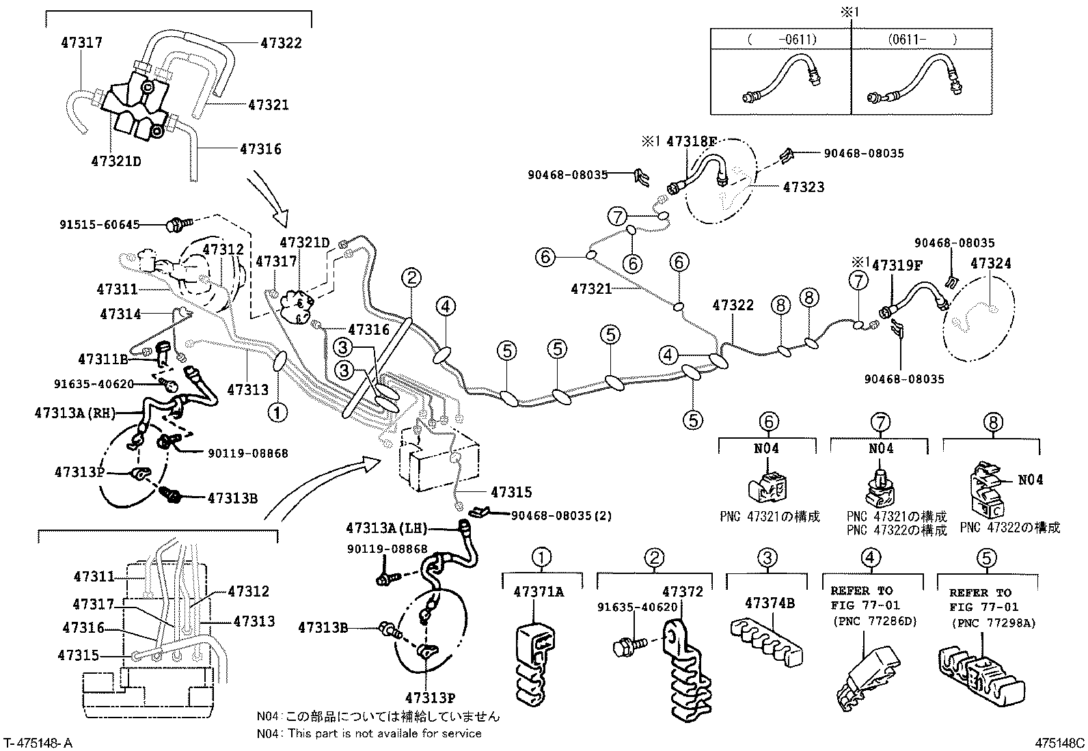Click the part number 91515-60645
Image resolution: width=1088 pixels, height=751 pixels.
click(100, 223)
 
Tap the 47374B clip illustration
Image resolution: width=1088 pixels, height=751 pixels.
click(765, 641)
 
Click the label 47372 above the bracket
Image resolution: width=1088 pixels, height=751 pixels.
click(682, 592)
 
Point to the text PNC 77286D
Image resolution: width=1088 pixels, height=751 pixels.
click(874, 621)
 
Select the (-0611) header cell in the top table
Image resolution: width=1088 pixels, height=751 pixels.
click(781, 39)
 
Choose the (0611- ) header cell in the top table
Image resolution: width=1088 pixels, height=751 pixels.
click(921, 39)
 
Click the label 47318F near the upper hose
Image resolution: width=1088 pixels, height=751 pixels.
click(692, 142)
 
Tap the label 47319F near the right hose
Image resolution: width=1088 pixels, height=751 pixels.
click(897, 266)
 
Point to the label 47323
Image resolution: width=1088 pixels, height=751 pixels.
click(803, 187)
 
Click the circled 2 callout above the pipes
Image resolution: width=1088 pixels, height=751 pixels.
click(411, 277)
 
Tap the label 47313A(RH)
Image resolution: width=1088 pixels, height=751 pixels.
click(75, 413)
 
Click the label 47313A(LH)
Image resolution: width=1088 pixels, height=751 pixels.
click(386, 528)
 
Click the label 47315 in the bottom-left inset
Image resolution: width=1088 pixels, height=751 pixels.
click(79, 655)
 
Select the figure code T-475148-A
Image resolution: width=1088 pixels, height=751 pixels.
click(38, 743)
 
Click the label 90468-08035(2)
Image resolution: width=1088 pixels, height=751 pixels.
click(561, 515)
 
